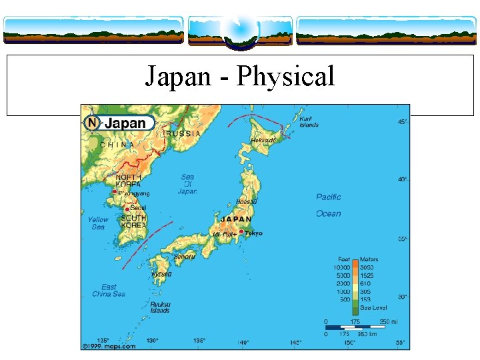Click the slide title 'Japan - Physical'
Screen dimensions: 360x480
[x=240, y=77]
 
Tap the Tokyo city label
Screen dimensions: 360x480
[x=254, y=233]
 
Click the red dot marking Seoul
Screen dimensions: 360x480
[x=127, y=209]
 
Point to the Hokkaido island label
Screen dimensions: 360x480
[x=263, y=141]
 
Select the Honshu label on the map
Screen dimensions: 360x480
[x=246, y=201]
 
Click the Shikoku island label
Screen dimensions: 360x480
[x=184, y=257]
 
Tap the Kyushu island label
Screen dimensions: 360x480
[x=161, y=274]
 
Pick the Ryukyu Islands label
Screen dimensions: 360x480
[x=160, y=307]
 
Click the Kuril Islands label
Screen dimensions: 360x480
[x=309, y=121]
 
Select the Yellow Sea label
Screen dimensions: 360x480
[x=98, y=223]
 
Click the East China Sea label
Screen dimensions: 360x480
[x=109, y=291]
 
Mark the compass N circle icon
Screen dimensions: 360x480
[x=92, y=123]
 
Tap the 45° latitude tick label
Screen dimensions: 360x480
[x=403, y=122]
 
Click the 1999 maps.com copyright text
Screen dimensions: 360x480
[x=109, y=346]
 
